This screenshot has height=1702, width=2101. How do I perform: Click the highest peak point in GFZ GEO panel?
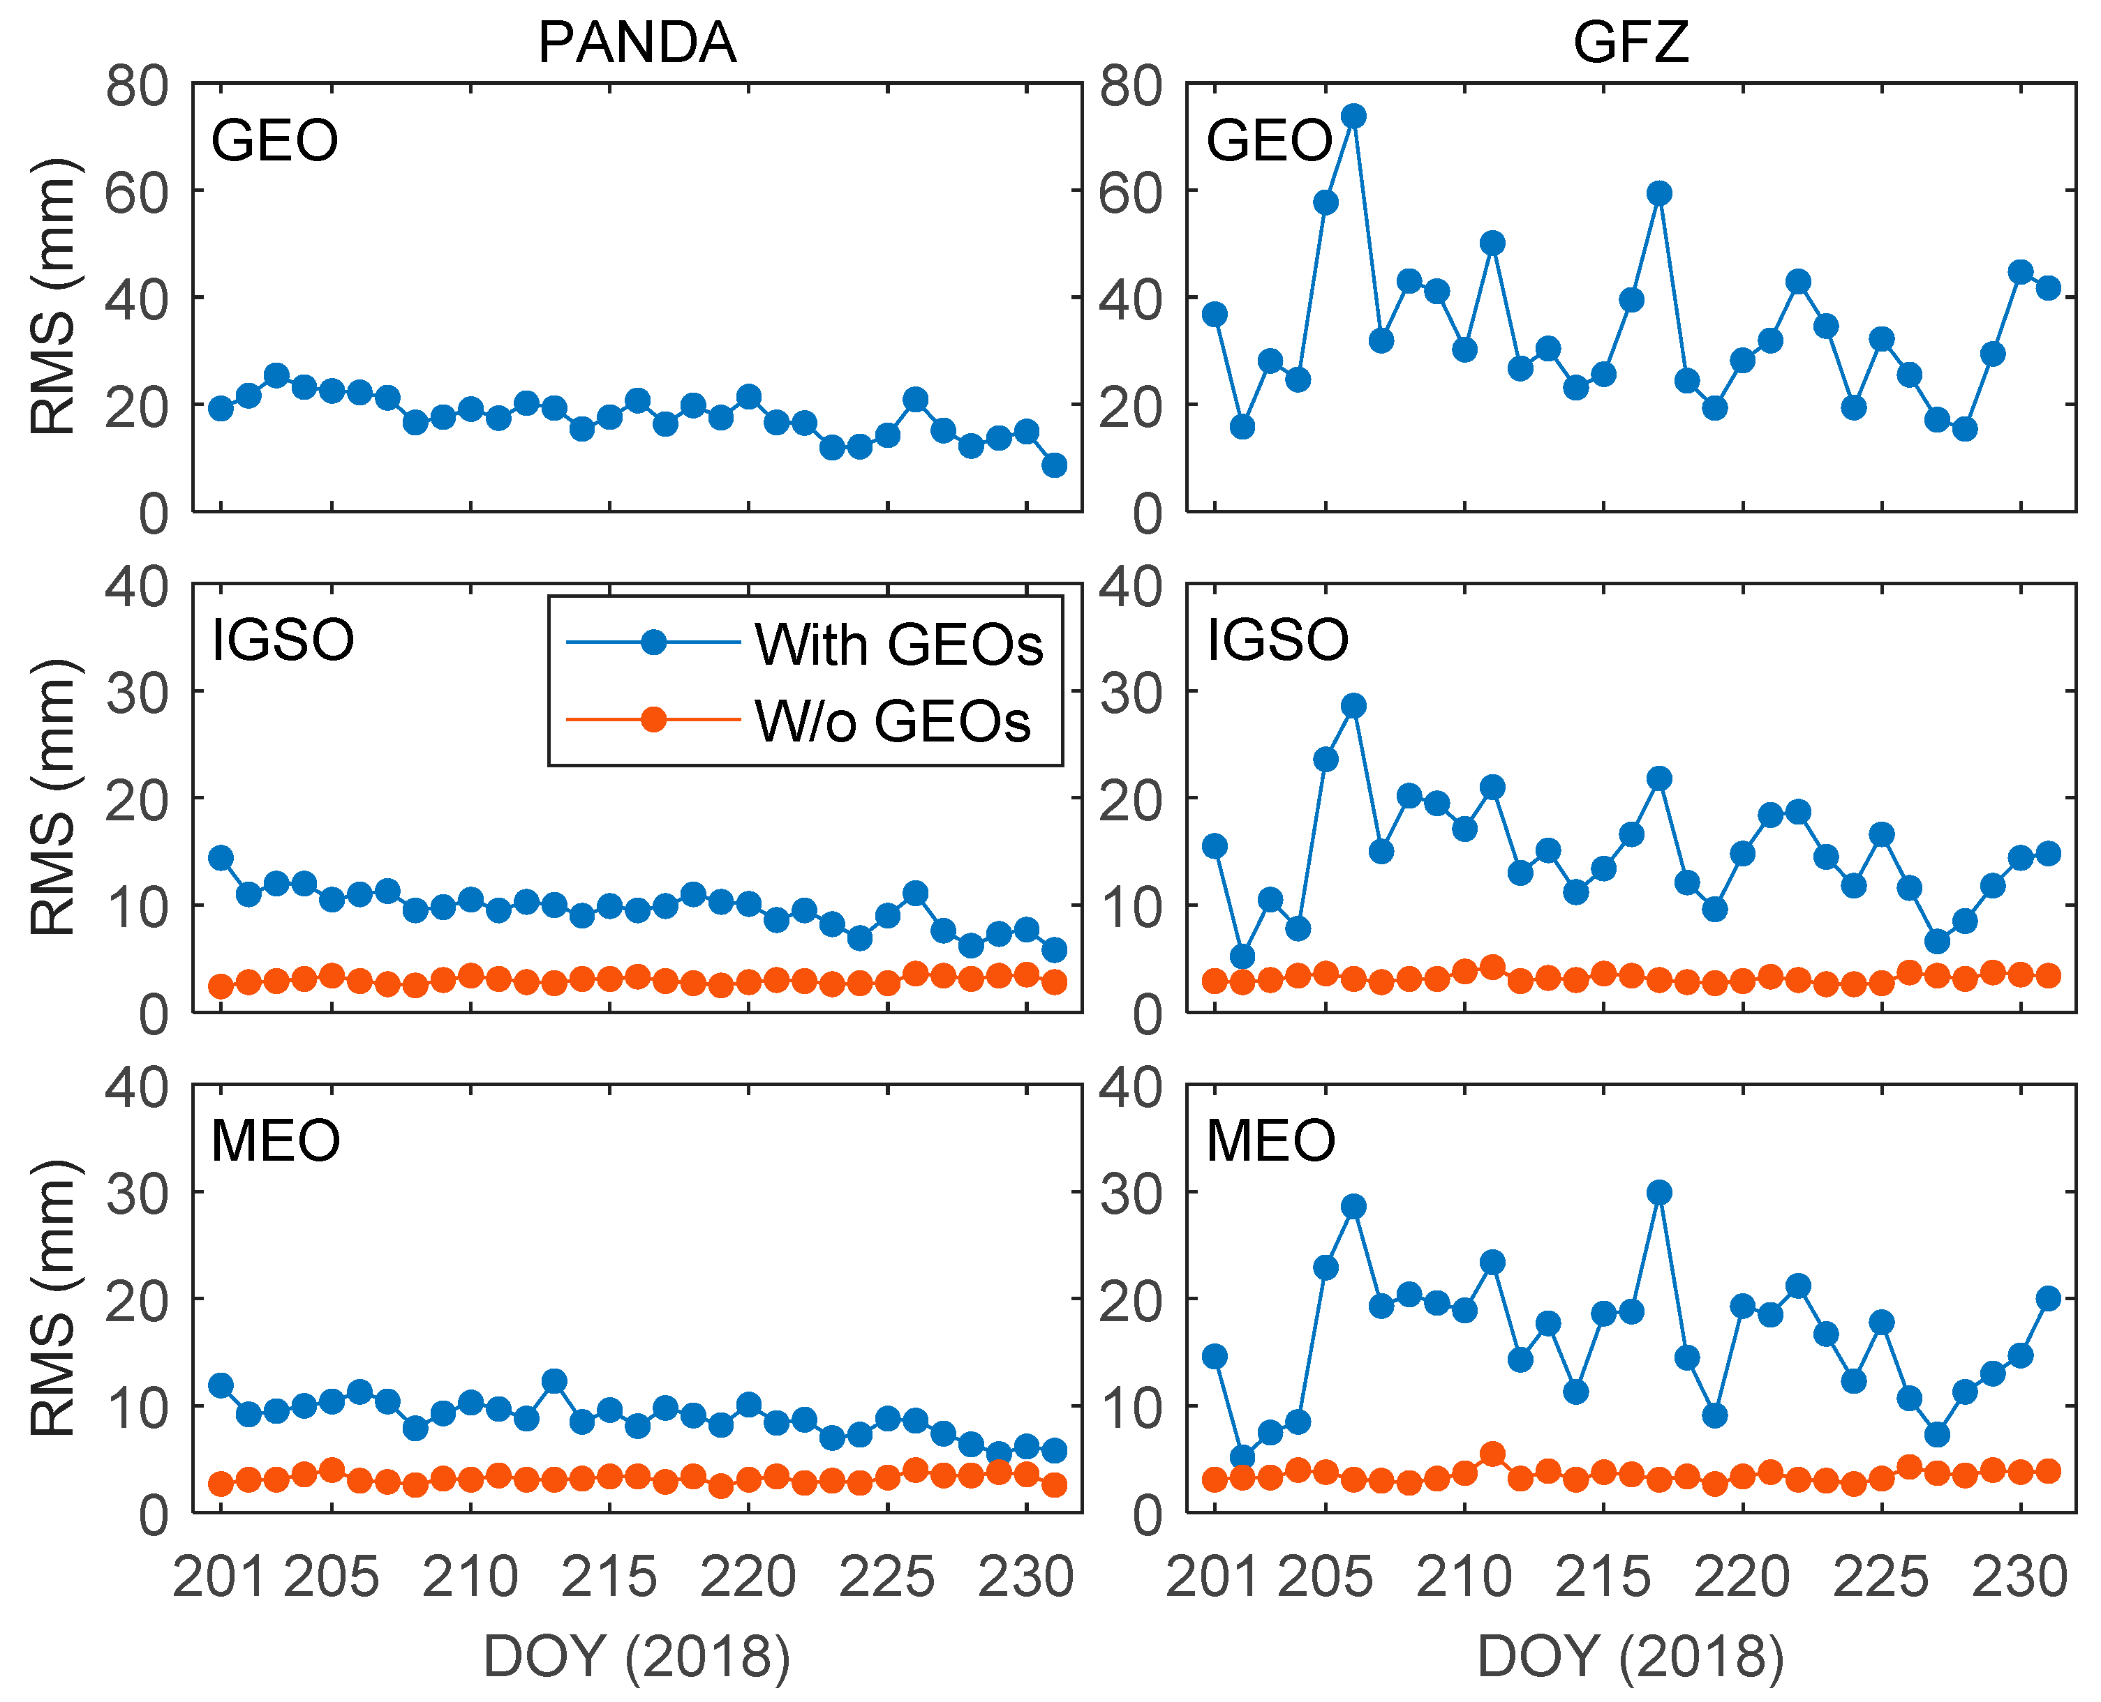[x=1353, y=116]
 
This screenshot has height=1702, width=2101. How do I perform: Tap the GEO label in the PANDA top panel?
[x=274, y=140]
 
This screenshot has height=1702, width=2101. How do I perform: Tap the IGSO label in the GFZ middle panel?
[x=1277, y=640]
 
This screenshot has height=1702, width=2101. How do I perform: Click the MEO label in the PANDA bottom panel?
[x=276, y=1140]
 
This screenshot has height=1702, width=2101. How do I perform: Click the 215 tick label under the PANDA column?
[x=609, y=1577]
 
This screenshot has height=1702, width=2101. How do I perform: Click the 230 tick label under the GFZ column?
[x=2019, y=1577]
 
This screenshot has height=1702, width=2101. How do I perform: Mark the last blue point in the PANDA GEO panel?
[x=1055, y=465]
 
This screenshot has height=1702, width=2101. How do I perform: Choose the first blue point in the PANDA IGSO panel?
[x=221, y=858]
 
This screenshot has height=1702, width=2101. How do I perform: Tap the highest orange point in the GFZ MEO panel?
[x=1492, y=1454]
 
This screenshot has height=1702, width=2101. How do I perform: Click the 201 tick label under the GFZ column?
[x=1213, y=1577]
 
